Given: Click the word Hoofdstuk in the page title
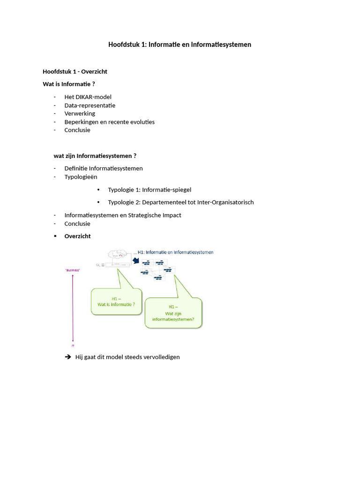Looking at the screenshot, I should click(123, 45).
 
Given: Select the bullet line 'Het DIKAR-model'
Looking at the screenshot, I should click(88, 97).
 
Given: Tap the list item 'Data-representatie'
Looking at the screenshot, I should click(90, 105).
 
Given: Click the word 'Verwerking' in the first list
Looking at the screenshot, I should click(80, 113).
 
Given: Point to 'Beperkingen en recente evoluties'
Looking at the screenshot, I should click(109, 122).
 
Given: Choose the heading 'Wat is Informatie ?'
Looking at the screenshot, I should click(69, 84).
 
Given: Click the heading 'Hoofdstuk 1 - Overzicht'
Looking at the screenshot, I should click(75, 72).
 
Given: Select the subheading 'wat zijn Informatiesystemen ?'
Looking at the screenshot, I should click(95, 156).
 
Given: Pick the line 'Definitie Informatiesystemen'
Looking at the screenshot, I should click(104, 168).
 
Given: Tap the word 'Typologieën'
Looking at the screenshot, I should click(81, 177).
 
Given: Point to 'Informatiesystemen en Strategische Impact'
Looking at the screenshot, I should click(123, 215).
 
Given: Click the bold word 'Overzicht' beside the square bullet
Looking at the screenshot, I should click(77, 236).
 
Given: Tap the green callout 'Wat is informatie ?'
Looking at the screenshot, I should click(116, 301).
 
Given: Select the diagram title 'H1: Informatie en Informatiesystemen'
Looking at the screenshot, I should click(175, 252).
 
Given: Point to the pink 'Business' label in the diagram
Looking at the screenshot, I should click(72, 270).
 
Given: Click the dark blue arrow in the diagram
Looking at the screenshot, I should click(136, 260).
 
